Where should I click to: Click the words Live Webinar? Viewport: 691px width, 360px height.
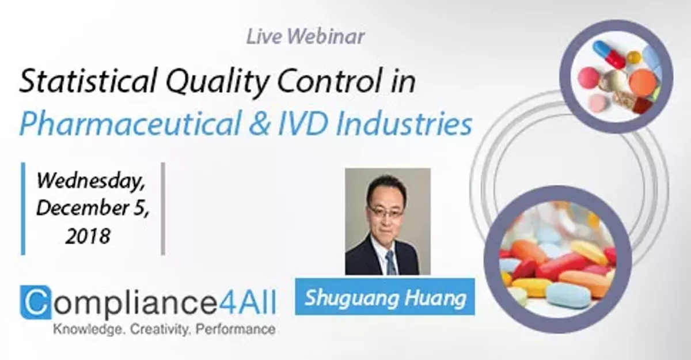pyautogui.click(x=305, y=36)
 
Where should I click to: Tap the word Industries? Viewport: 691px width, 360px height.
pyautogui.click(x=420, y=123)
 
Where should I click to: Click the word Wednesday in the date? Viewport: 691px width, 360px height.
pyautogui.click(x=91, y=182)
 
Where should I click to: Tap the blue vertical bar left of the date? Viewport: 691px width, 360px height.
pyautogui.click(x=23, y=208)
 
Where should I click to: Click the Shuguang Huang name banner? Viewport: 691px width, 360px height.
pyautogui.click(x=385, y=297)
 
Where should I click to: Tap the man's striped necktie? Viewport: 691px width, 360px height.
pyautogui.click(x=391, y=262)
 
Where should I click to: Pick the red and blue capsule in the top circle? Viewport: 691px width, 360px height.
pyautogui.click(x=609, y=54)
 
